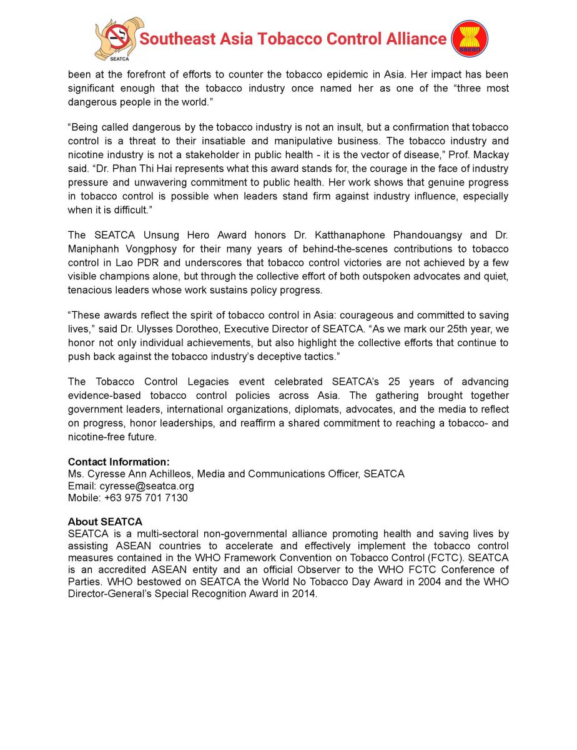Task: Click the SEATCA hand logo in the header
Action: [119, 39]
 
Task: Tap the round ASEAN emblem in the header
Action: [470, 39]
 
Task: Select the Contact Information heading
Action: [119, 462]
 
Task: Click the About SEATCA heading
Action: [105, 521]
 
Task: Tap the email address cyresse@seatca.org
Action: [147, 486]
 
